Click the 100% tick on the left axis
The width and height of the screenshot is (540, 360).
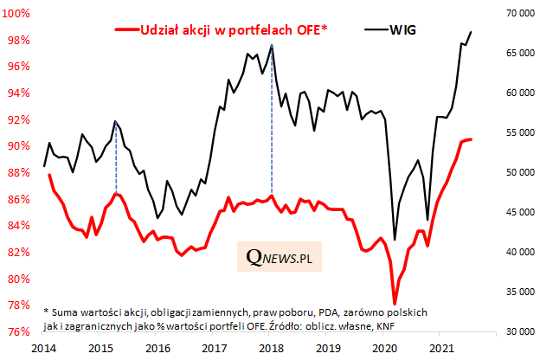pos(19,14)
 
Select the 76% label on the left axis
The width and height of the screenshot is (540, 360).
pos(20,332)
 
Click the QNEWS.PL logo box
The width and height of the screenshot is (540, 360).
pos(279,257)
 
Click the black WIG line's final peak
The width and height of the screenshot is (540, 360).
pos(471,32)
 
